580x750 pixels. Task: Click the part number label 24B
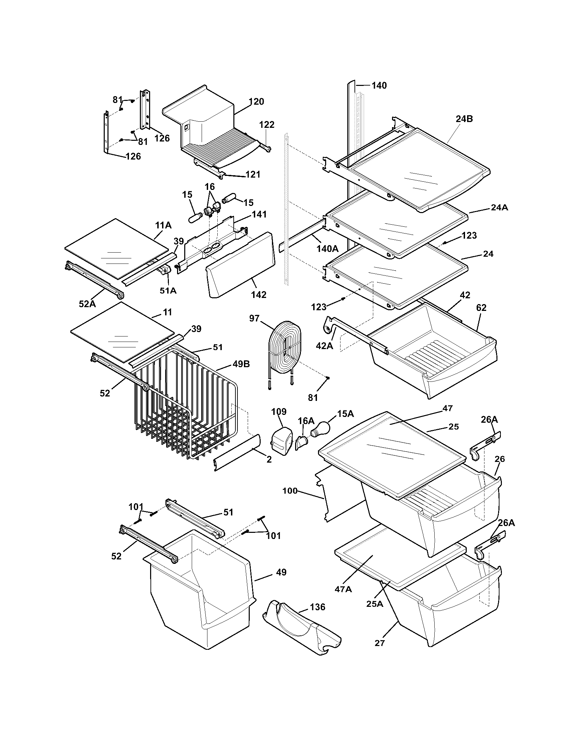click(x=464, y=119)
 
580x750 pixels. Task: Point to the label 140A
click(x=328, y=248)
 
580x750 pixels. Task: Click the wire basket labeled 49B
click(x=186, y=416)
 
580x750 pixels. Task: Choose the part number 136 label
click(x=317, y=607)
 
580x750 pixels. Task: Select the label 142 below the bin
click(x=258, y=295)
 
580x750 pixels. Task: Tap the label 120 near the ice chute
click(x=256, y=102)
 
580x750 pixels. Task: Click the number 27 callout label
click(x=380, y=643)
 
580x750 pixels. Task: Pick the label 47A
click(x=343, y=589)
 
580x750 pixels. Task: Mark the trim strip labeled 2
click(x=237, y=453)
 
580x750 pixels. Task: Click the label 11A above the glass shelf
click(x=163, y=225)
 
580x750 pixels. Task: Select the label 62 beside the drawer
click(x=481, y=308)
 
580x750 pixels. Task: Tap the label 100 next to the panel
click(x=290, y=491)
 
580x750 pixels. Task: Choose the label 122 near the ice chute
click(x=267, y=125)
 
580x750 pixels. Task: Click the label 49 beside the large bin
click(x=281, y=572)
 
